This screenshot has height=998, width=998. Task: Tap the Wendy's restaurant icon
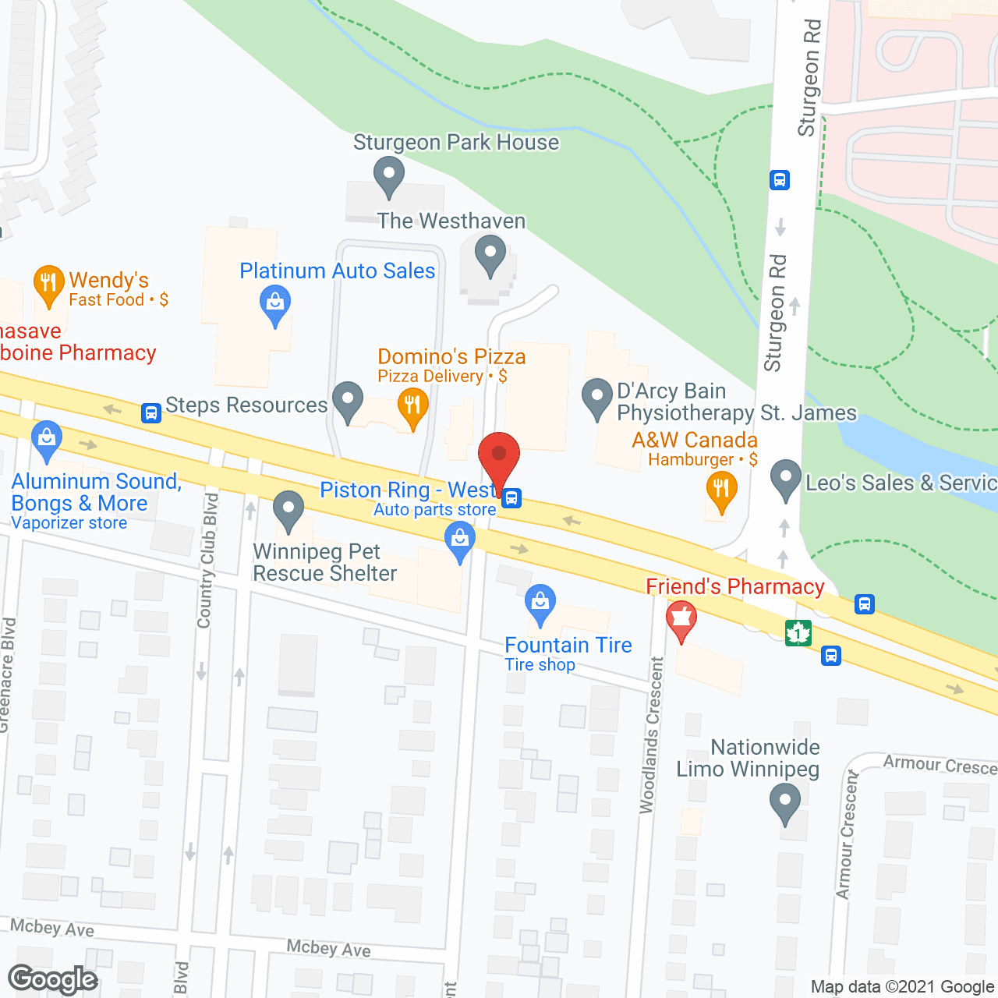[x=48, y=285]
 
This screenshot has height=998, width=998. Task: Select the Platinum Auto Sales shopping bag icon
[x=274, y=305]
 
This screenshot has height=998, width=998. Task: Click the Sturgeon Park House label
[x=456, y=143]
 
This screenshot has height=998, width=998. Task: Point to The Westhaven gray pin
[x=490, y=257]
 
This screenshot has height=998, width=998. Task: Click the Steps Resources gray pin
[x=348, y=401]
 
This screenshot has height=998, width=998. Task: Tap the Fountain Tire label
[x=568, y=646]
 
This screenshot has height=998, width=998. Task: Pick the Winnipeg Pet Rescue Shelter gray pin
[x=288, y=510]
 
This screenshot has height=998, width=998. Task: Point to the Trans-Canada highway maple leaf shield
[x=798, y=633]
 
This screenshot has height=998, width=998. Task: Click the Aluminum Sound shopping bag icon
[x=47, y=441]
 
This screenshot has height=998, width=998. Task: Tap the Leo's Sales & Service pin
[x=785, y=480]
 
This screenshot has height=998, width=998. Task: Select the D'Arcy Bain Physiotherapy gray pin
[x=597, y=398]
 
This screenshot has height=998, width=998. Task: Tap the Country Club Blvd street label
[x=207, y=560]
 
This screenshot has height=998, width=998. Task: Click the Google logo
[x=53, y=979]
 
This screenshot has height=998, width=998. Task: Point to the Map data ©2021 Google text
[x=902, y=987]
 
